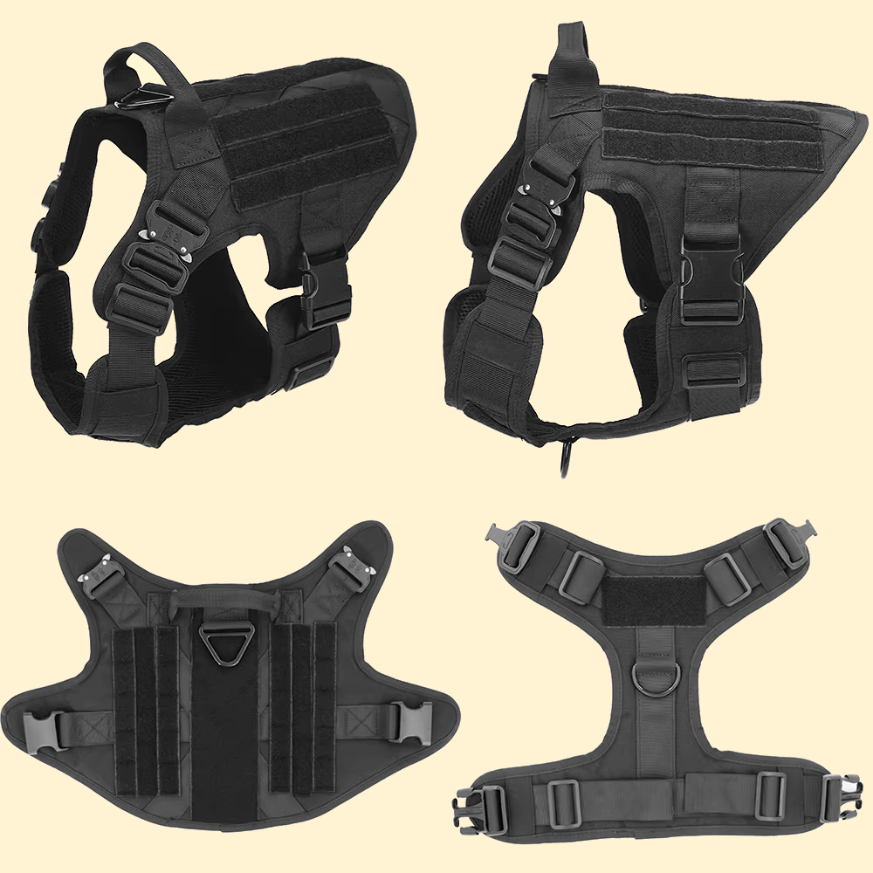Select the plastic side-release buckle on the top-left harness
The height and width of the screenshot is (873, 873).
click(x=325, y=288)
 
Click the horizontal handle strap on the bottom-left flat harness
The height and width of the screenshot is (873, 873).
click(x=226, y=600)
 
